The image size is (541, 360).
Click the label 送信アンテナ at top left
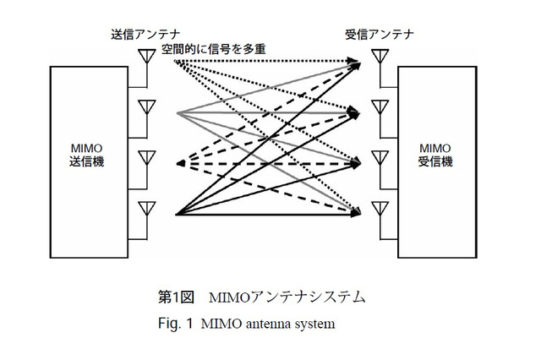point(142,34)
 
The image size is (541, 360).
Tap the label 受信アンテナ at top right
point(378,34)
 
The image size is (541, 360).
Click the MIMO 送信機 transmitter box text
point(88,155)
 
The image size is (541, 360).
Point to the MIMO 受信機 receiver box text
point(435,155)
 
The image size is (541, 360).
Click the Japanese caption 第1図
point(177,297)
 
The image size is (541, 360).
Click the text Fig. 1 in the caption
point(176,323)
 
